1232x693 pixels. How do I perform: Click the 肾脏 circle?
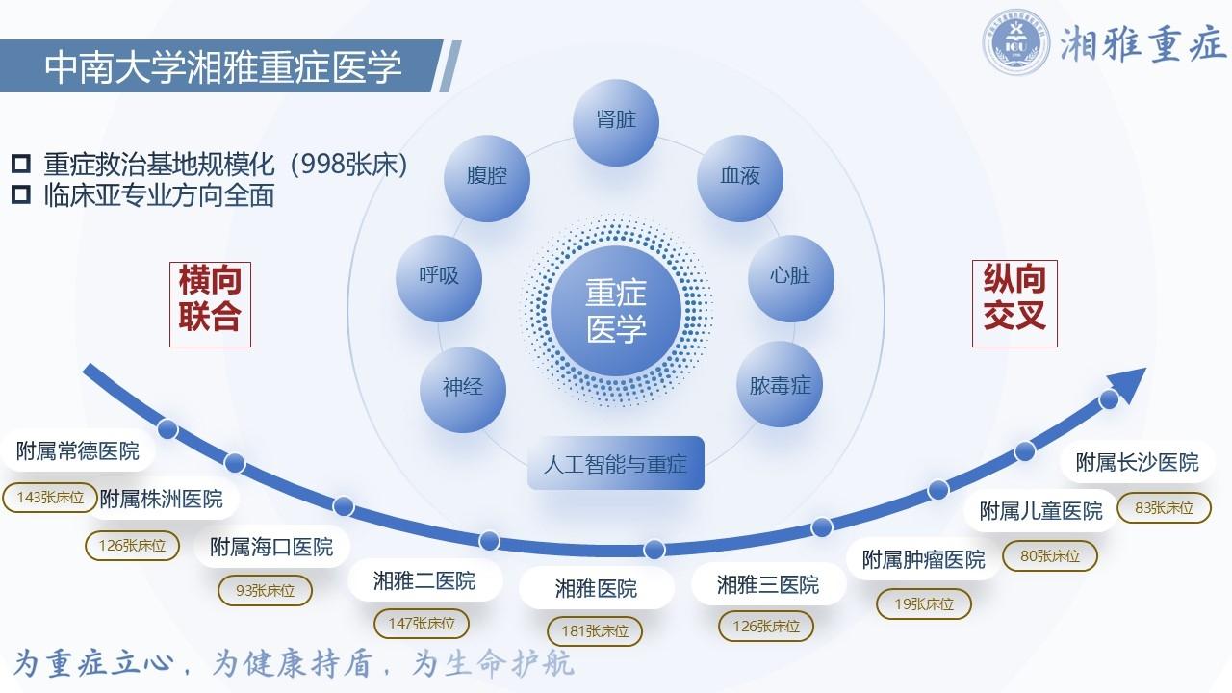pyautogui.click(x=616, y=122)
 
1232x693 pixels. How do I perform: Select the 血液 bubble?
pyautogui.click(x=740, y=178)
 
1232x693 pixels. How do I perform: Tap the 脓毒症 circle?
pyautogui.click(x=780, y=384)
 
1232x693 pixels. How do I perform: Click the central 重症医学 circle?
pyautogui.click(x=616, y=311)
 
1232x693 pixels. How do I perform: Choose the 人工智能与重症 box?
pyautogui.click(x=616, y=463)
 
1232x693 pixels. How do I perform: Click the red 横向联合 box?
pyautogui.click(x=210, y=304)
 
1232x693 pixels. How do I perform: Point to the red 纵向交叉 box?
pyautogui.click(x=1014, y=303)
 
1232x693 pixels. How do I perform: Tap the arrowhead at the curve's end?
pyautogui.click(x=1127, y=384)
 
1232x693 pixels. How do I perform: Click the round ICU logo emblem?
pyautogui.click(x=1015, y=41)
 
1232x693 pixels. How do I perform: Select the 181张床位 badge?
pyautogui.click(x=595, y=630)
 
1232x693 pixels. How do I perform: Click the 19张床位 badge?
pyautogui.click(x=924, y=603)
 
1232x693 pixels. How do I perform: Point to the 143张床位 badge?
pyautogui.click(x=50, y=498)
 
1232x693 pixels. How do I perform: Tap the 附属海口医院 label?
pyautogui.click(x=271, y=548)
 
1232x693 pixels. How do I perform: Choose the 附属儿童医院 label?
pyautogui.click(x=1041, y=511)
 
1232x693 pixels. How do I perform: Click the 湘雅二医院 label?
pyautogui.click(x=424, y=580)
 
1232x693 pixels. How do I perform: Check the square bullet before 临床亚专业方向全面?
pyautogui.click(x=21, y=194)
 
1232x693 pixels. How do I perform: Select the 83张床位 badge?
pyautogui.click(x=1165, y=507)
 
